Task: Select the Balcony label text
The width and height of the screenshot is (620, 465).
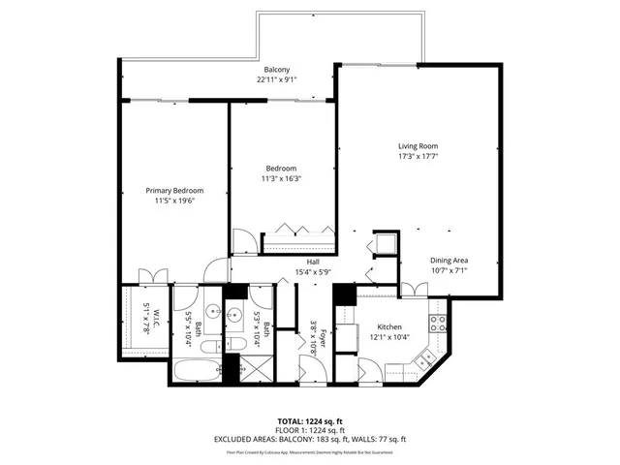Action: [x=277, y=70]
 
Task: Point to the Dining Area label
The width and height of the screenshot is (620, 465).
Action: [x=449, y=261]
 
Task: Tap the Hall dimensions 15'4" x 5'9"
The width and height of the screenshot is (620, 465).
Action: [x=313, y=272]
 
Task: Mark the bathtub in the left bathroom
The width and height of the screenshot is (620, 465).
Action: [x=197, y=372]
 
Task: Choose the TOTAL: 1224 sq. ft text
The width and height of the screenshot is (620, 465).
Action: [x=309, y=421]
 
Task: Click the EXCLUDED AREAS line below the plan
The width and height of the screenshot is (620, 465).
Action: [x=309, y=440]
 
